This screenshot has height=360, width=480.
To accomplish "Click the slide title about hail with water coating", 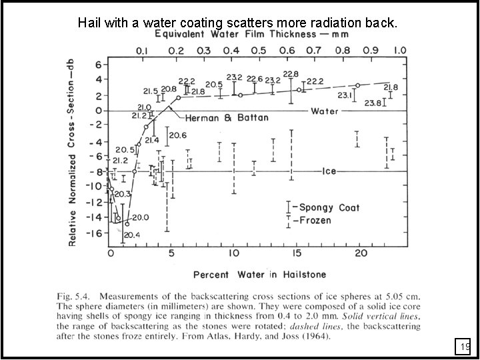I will pyautogui.click(x=238, y=22).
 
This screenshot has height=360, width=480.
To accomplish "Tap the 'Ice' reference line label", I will pyautogui.click(x=329, y=171).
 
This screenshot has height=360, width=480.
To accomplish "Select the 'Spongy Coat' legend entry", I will pyautogui.click(x=329, y=207).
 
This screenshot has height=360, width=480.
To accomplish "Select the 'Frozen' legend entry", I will pyautogui.click(x=315, y=220).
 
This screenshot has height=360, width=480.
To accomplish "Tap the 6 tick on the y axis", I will pyautogui.click(x=97, y=65).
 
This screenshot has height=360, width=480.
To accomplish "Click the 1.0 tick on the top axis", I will pyautogui.click(x=400, y=51).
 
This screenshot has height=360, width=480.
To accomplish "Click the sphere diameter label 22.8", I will pyautogui.click(x=291, y=74).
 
